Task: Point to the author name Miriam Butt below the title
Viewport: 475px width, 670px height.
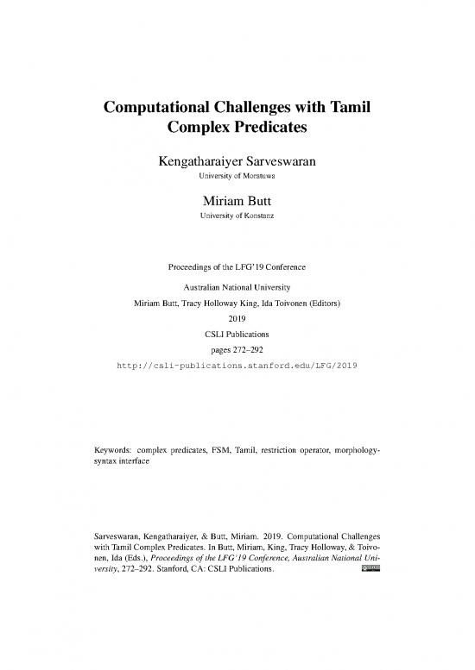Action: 237,201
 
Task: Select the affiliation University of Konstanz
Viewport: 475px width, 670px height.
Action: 237,216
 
